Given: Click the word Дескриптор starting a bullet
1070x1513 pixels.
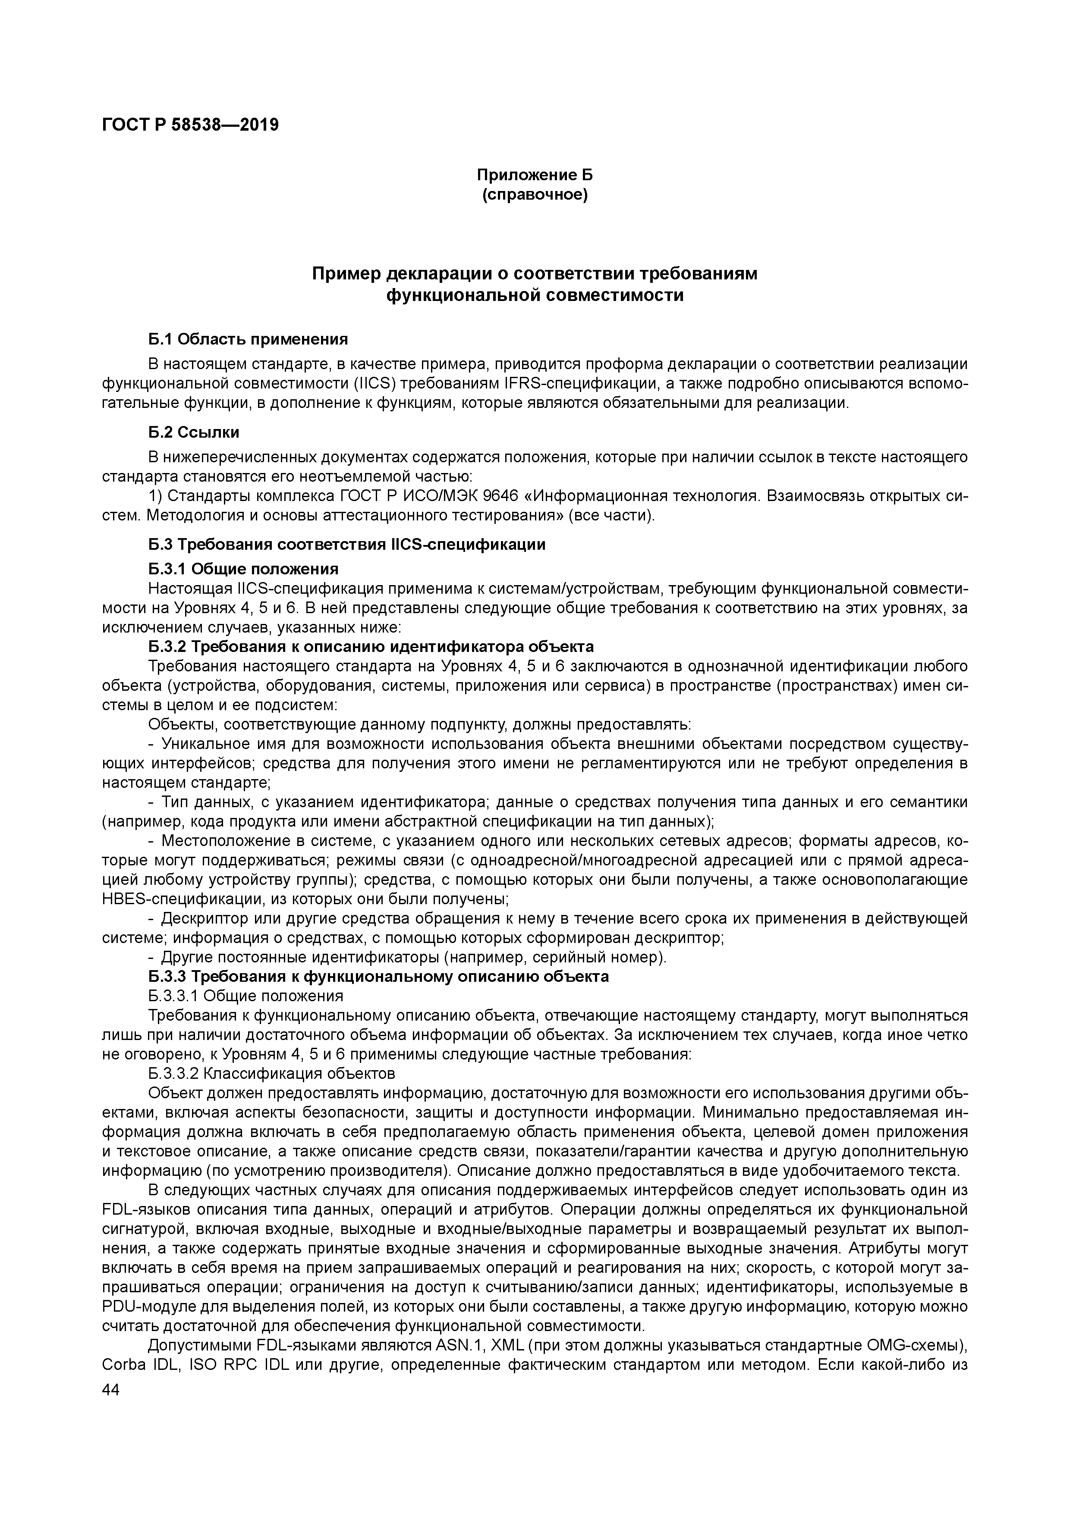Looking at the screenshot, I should (201, 918).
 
